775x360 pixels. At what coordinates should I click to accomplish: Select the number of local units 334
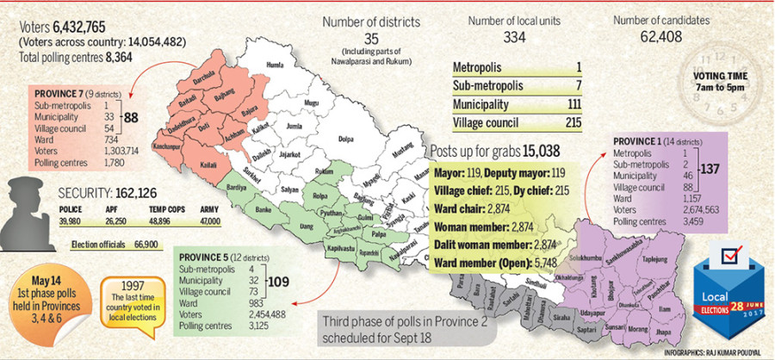pos(515,38)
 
